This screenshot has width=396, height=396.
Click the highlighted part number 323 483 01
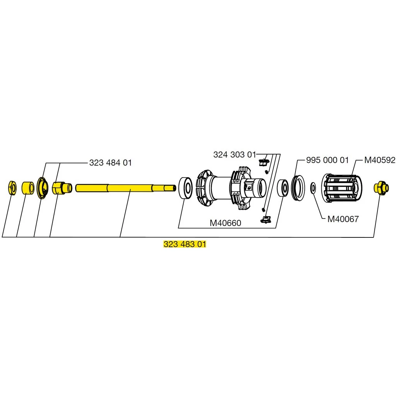coord(185,244)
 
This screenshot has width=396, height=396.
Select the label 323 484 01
coord(110,163)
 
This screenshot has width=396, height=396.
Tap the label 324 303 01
coord(234,155)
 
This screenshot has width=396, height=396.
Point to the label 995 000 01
coord(327,160)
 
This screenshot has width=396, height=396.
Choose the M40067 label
coord(343,219)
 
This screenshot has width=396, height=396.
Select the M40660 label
coord(225,223)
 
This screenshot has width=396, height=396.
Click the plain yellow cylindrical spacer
coord(27,188)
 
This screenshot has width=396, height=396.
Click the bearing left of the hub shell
coord(186,188)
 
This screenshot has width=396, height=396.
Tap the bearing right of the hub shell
coord(283,188)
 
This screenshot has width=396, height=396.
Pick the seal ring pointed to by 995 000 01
coord(298,188)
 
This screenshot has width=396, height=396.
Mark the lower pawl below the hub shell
coord(265,219)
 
